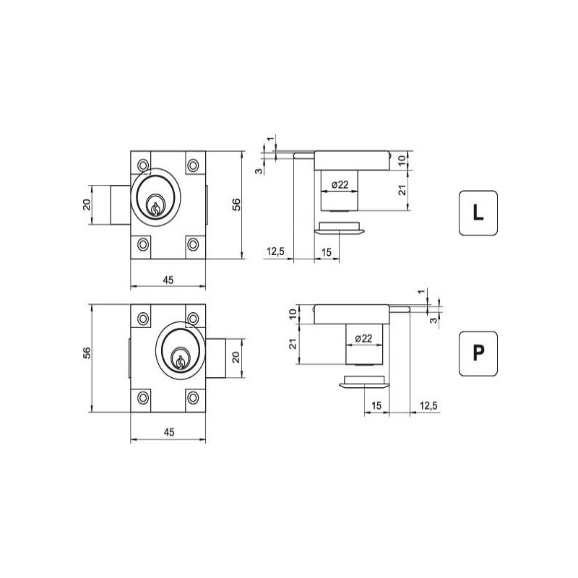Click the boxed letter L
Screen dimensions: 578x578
478,212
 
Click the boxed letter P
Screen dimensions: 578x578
478,353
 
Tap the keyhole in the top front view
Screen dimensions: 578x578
155,208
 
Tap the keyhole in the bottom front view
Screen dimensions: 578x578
180,362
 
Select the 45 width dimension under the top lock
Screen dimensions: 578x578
168,280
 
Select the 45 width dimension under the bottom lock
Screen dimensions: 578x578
169,432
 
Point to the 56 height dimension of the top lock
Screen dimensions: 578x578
236,204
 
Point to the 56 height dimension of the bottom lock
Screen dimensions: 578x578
87,353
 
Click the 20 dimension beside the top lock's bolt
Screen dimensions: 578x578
86,204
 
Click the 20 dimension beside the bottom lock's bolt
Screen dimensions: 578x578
236,357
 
